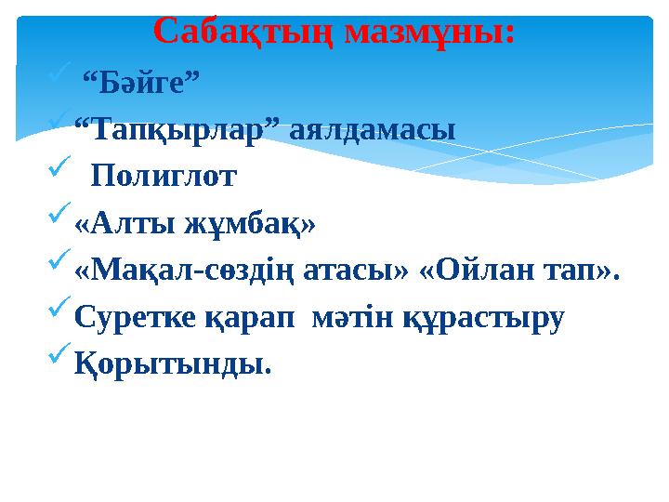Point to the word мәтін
pyautogui.click(x=356, y=319)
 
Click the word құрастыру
pyautogui.click(x=482, y=319)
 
